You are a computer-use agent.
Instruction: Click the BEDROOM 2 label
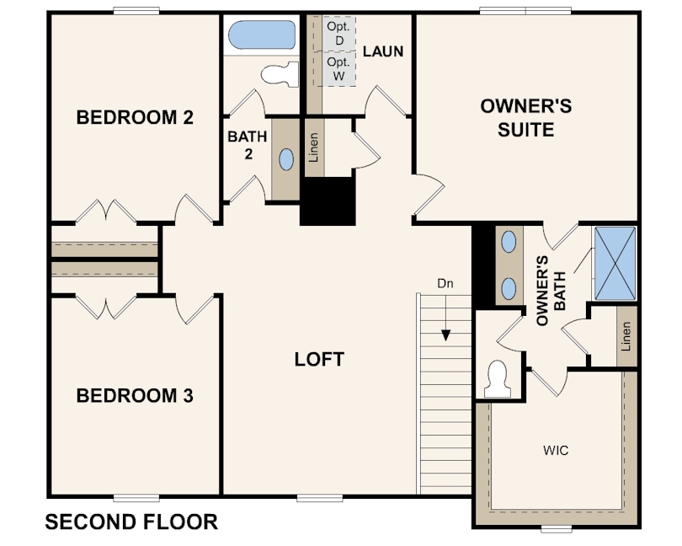(135, 117)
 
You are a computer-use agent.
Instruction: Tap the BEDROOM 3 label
(135, 395)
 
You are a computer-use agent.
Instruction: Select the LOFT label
(319, 360)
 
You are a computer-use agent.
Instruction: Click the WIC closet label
(556, 451)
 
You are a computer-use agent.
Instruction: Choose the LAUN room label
(383, 51)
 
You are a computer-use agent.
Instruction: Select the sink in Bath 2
(286, 159)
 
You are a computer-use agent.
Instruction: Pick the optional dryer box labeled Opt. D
(338, 34)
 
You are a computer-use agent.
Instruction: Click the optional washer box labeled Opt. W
(338, 69)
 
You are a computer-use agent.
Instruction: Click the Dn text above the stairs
(445, 284)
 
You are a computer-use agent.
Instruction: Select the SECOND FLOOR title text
(131, 522)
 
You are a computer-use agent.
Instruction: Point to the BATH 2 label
(248, 144)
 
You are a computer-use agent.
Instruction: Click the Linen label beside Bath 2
(314, 147)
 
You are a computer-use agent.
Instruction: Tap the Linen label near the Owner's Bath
(626, 337)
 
